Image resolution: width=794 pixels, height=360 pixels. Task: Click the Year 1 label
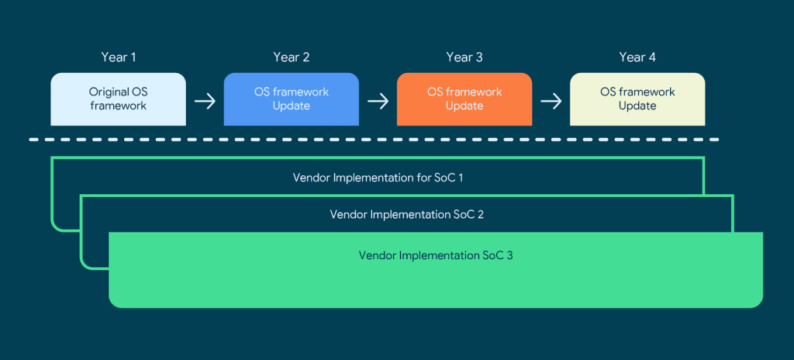[x=118, y=57]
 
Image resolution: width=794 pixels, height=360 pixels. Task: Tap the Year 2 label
[x=291, y=57]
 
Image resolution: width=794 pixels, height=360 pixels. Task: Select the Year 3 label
[x=464, y=57]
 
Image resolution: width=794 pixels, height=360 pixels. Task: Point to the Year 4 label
[x=637, y=57]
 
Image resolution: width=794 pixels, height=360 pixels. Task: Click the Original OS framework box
[x=118, y=99]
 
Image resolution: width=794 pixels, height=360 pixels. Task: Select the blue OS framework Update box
[x=291, y=99]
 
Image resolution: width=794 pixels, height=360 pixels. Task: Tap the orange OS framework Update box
[x=464, y=99]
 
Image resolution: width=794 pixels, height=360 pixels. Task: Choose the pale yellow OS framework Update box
[x=637, y=99]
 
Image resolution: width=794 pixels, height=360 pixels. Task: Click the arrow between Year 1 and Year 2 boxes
[x=205, y=101]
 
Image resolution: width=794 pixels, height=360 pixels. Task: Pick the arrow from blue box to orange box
[x=378, y=101]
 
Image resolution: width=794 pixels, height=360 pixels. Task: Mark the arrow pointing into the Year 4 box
[x=551, y=101]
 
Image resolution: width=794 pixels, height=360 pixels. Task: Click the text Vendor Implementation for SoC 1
[x=378, y=178]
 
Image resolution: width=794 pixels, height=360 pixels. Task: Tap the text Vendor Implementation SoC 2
[x=406, y=214]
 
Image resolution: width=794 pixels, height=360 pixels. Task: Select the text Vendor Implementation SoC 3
[x=435, y=254]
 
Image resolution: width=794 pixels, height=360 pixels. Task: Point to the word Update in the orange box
[x=464, y=106]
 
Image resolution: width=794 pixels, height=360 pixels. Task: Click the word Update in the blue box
[x=291, y=106]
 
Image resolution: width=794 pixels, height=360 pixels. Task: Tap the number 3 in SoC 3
[x=509, y=254]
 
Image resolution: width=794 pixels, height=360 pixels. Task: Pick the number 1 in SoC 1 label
[x=461, y=178]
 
